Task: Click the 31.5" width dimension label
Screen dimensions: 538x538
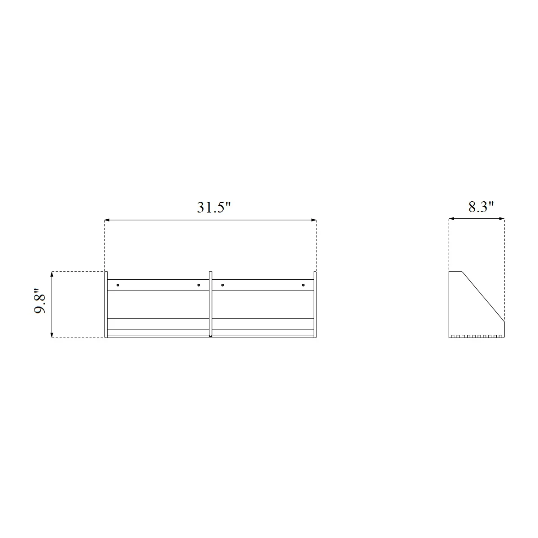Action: [x=214, y=208]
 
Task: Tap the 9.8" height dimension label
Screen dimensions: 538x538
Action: [x=40, y=300]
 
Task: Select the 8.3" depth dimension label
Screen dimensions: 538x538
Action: [x=481, y=207]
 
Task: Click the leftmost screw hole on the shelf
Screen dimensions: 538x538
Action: [x=118, y=285]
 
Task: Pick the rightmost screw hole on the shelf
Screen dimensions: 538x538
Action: [x=303, y=285]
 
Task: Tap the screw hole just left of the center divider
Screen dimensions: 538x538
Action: [x=199, y=285]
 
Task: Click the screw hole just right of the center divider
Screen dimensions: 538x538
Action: [x=222, y=285]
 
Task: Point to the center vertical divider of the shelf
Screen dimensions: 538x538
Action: [x=211, y=304]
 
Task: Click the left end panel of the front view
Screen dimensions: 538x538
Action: [x=106, y=304]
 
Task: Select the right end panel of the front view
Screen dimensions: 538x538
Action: [x=315, y=304]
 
